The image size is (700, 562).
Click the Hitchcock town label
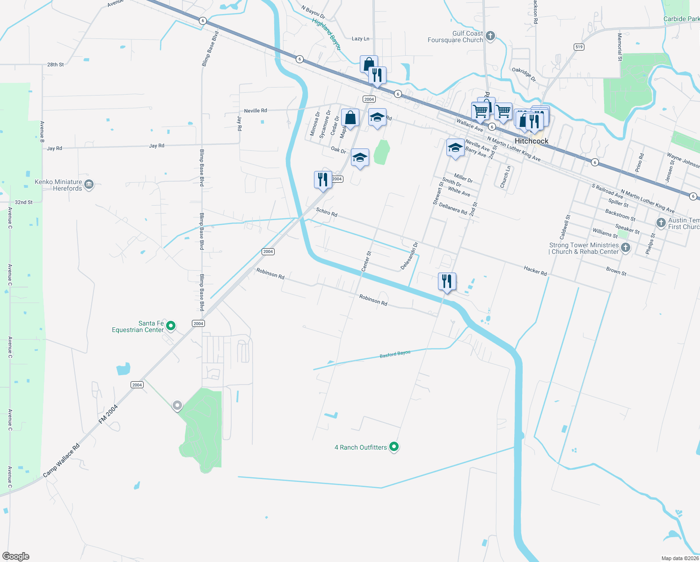(531, 141)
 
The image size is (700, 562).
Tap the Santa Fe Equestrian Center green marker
(171, 325)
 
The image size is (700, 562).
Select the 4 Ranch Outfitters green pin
(394, 447)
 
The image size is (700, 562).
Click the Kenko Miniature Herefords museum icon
(89, 185)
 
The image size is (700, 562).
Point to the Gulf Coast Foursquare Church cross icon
(490, 36)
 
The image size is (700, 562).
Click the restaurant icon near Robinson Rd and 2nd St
(447, 281)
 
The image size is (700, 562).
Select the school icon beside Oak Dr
(360, 158)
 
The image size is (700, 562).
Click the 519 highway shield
(579, 47)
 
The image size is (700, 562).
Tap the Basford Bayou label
(395, 355)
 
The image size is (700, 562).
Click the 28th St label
(55, 65)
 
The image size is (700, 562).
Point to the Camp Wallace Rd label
(61, 461)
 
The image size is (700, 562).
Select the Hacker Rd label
(535, 270)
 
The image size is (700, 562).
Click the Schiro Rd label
(327, 212)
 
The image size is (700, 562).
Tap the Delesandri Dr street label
(409, 256)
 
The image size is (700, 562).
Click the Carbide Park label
(681, 19)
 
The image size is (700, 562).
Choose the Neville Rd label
(255, 111)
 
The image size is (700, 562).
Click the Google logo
(16, 556)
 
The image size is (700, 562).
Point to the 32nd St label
(23, 202)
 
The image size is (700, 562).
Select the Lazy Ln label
(360, 39)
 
